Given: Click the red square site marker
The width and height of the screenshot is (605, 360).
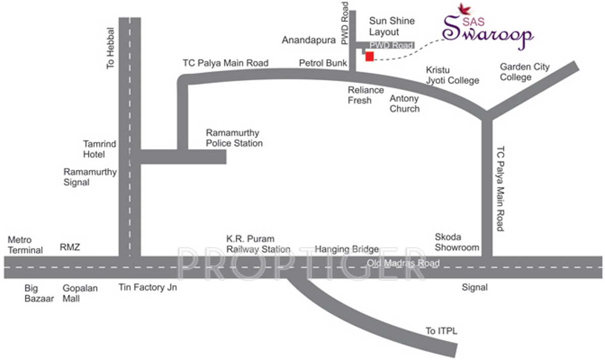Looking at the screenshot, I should (370, 56).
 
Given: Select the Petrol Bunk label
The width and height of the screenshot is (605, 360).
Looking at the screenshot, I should (323, 64).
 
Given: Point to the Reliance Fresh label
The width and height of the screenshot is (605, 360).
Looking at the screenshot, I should (366, 95).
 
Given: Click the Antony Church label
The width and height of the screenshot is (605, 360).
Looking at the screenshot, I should (404, 103).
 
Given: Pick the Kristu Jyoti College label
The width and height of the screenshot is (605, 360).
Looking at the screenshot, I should (452, 75).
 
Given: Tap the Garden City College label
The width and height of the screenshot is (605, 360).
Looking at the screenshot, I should (524, 72).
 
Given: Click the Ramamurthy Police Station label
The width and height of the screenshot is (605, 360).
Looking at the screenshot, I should (234, 138).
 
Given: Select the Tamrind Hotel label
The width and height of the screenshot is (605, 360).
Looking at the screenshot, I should (100, 149).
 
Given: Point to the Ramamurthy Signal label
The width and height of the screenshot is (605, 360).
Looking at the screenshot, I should (90, 177).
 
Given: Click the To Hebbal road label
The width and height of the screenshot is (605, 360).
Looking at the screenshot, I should (111, 48).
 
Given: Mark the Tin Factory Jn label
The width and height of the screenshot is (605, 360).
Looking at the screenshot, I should (148, 287).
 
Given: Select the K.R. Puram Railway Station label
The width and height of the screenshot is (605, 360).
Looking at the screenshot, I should (258, 244).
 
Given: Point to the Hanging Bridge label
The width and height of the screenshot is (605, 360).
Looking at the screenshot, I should (346, 249).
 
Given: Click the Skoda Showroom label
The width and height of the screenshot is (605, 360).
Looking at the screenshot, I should (457, 243).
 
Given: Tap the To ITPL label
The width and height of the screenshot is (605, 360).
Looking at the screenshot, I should (441, 331).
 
